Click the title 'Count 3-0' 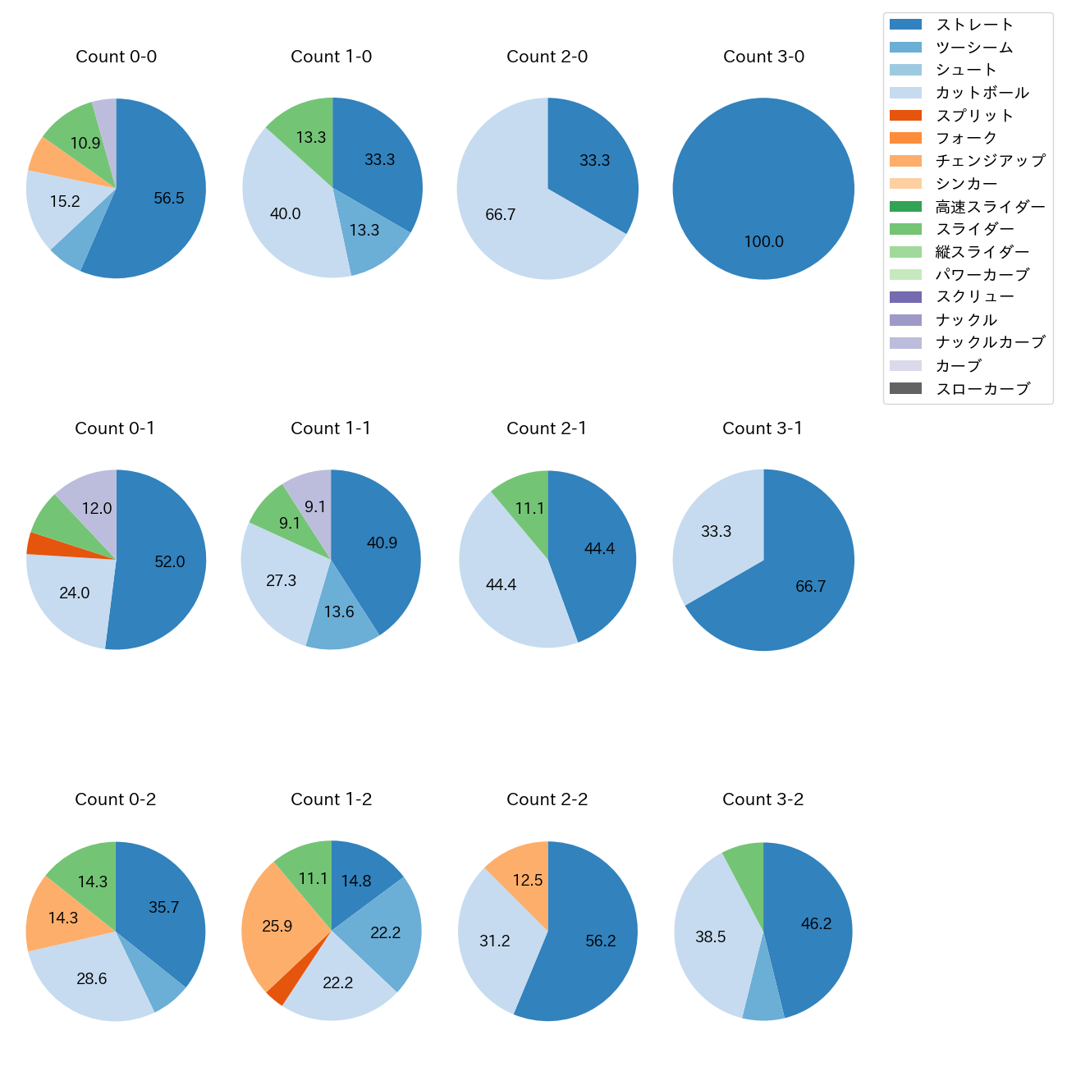click(x=763, y=57)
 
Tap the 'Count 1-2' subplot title click(x=331, y=799)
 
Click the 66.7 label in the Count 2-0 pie click(x=500, y=215)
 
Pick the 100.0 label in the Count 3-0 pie click(x=763, y=242)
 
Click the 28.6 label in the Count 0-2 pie click(x=92, y=978)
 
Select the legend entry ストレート click(x=974, y=25)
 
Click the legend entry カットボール click(x=982, y=93)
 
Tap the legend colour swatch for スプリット click(x=905, y=116)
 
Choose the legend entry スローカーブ click(x=982, y=389)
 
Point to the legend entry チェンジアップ click(x=990, y=161)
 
